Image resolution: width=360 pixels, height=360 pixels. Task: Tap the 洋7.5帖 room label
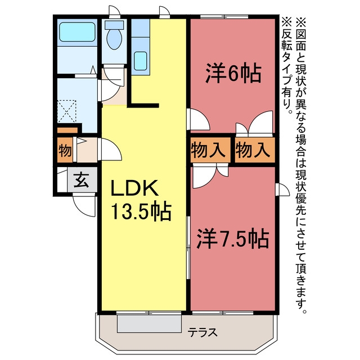point(232,239)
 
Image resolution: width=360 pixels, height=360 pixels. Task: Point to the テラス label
point(202,332)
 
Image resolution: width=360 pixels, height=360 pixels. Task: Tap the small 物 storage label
point(64,151)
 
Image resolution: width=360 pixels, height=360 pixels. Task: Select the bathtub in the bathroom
point(77,31)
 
